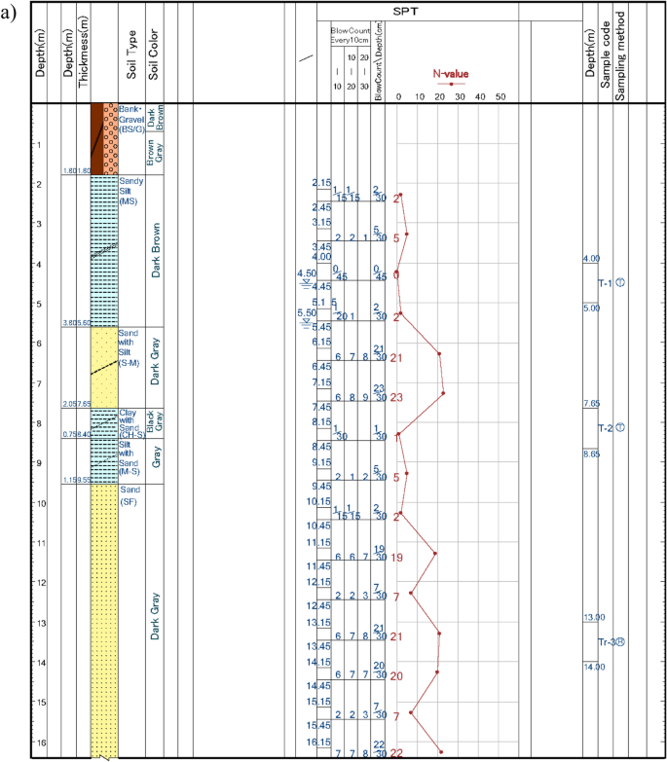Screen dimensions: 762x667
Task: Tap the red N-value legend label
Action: pyautogui.click(x=451, y=73)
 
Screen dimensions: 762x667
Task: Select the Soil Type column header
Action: pyautogui.click(x=130, y=62)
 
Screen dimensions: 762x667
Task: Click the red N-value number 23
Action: pyautogui.click(x=396, y=398)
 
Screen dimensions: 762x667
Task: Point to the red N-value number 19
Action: pyautogui.click(x=396, y=558)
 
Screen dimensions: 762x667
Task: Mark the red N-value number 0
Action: pyautogui.click(x=395, y=275)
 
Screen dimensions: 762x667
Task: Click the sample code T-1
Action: pyautogui.click(x=605, y=283)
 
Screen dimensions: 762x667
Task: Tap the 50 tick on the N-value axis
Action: pyautogui.click(x=500, y=96)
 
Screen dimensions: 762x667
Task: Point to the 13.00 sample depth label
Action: pyautogui.click(x=593, y=618)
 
